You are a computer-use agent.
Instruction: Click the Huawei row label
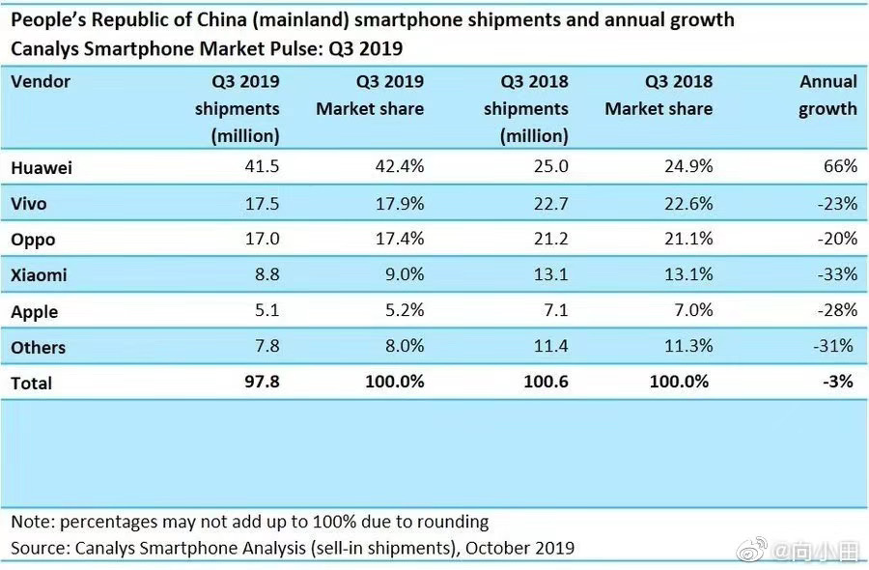click(x=42, y=167)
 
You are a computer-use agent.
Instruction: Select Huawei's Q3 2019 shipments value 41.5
click(x=261, y=166)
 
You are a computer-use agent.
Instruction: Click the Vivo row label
click(x=29, y=204)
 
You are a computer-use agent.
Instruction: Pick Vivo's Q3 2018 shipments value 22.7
click(x=549, y=203)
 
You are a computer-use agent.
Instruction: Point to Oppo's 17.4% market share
click(x=398, y=239)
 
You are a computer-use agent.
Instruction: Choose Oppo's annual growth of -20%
click(x=836, y=239)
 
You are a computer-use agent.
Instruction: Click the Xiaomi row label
click(x=39, y=275)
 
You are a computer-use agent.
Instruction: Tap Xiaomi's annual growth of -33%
click(x=836, y=274)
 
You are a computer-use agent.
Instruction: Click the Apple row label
click(x=35, y=311)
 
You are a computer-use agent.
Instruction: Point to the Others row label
click(x=39, y=347)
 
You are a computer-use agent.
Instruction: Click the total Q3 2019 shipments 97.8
click(x=261, y=382)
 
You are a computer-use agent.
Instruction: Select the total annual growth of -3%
click(x=839, y=382)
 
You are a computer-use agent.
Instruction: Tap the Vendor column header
click(x=41, y=82)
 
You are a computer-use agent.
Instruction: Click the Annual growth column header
click(x=828, y=95)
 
